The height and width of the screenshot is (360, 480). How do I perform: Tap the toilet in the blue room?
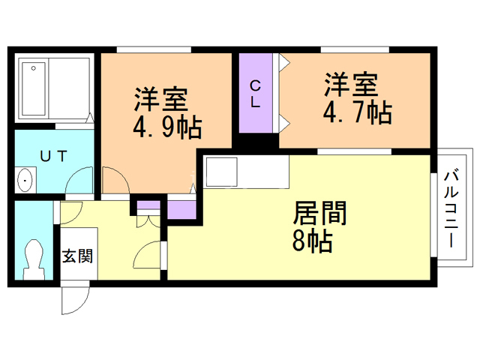(34, 257)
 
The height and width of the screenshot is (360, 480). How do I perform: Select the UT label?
(54, 156)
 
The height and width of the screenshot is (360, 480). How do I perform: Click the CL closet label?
(256, 94)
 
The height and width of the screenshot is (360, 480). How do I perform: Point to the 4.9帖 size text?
(166, 128)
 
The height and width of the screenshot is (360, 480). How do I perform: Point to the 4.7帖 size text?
(356, 112)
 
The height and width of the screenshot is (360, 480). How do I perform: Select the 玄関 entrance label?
(76, 256)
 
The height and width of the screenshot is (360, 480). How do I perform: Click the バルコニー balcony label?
(451, 211)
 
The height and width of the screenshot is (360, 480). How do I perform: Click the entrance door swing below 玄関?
(73, 300)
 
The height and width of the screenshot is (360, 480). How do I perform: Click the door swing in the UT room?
(78, 182)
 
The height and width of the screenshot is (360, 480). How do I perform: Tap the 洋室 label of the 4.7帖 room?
(352, 83)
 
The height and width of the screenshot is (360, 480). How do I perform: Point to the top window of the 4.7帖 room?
(354, 50)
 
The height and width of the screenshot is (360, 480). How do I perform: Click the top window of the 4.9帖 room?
(153, 50)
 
